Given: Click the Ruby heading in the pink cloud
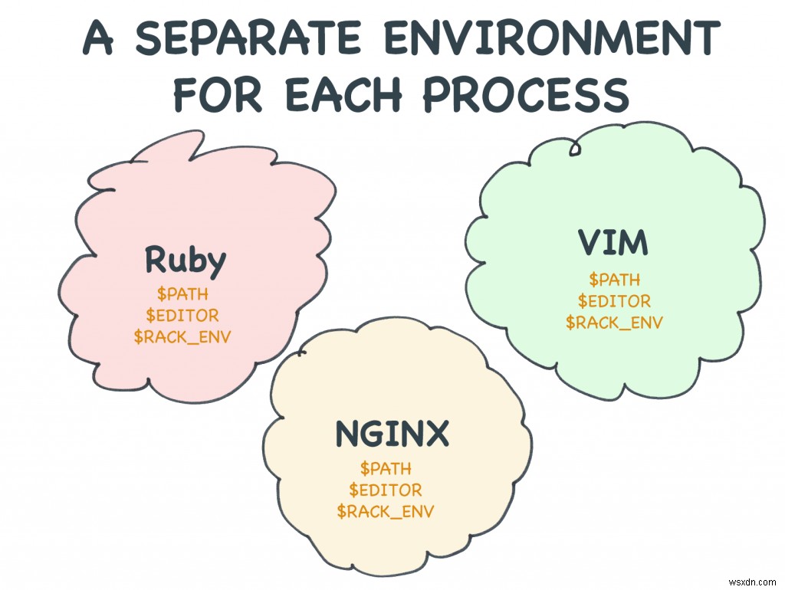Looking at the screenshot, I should coord(186,261).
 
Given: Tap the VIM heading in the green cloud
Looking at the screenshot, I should coord(613,244).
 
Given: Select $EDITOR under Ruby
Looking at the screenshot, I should coord(182,315).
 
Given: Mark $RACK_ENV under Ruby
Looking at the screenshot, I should coord(182,336).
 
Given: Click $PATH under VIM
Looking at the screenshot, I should coord(614,280).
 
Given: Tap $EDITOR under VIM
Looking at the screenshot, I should coord(614,301).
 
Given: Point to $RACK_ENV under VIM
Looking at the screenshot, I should coord(614,323).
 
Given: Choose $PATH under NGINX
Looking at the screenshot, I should coord(386,468).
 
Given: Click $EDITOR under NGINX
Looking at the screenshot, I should coord(386,490).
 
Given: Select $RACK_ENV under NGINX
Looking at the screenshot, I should coord(386,511).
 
